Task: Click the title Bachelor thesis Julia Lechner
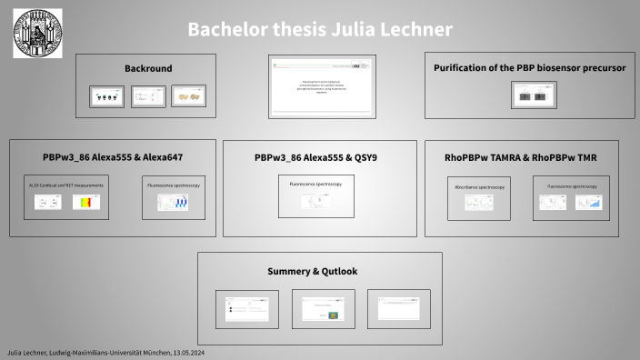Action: [320, 29]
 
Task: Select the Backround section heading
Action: [148, 68]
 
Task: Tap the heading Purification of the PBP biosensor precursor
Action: [530, 68]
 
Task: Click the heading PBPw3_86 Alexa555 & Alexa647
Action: [113, 156]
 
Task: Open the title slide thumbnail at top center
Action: [321, 85]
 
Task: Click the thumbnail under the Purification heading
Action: [534, 95]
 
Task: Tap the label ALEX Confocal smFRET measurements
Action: [66, 185]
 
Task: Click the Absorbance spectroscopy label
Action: [479, 186]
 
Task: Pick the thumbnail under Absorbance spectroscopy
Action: [479, 203]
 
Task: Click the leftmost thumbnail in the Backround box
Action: [107, 96]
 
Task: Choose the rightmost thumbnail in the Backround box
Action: [188, 96]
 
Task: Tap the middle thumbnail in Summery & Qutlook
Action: [323, 308]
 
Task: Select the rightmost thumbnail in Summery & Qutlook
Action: [398, 308]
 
